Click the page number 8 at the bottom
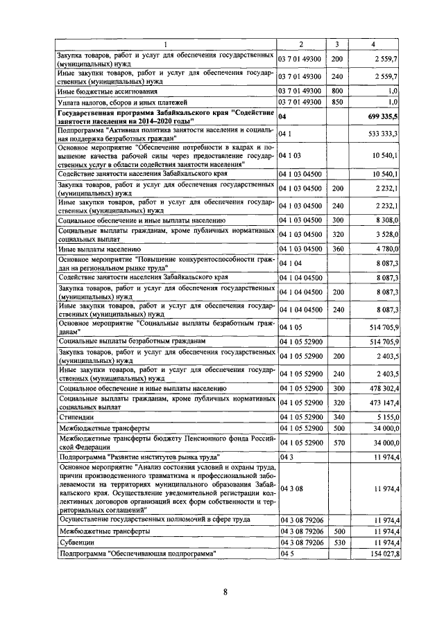(225, 591)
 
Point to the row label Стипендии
(76, 418)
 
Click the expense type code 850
(338, 102)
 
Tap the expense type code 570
(338, 443)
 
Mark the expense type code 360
(338, 247)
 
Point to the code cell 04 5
(286, 554)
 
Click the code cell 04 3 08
(289, 490)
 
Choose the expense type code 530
(338, 542)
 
